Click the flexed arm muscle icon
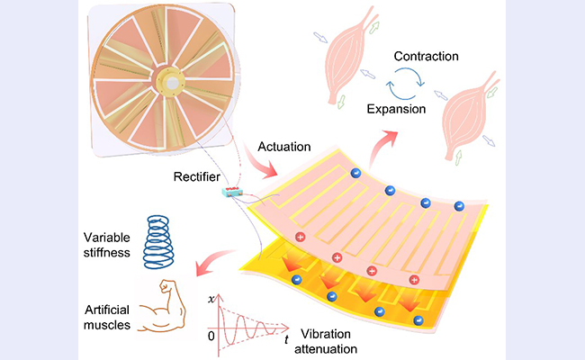166,302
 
